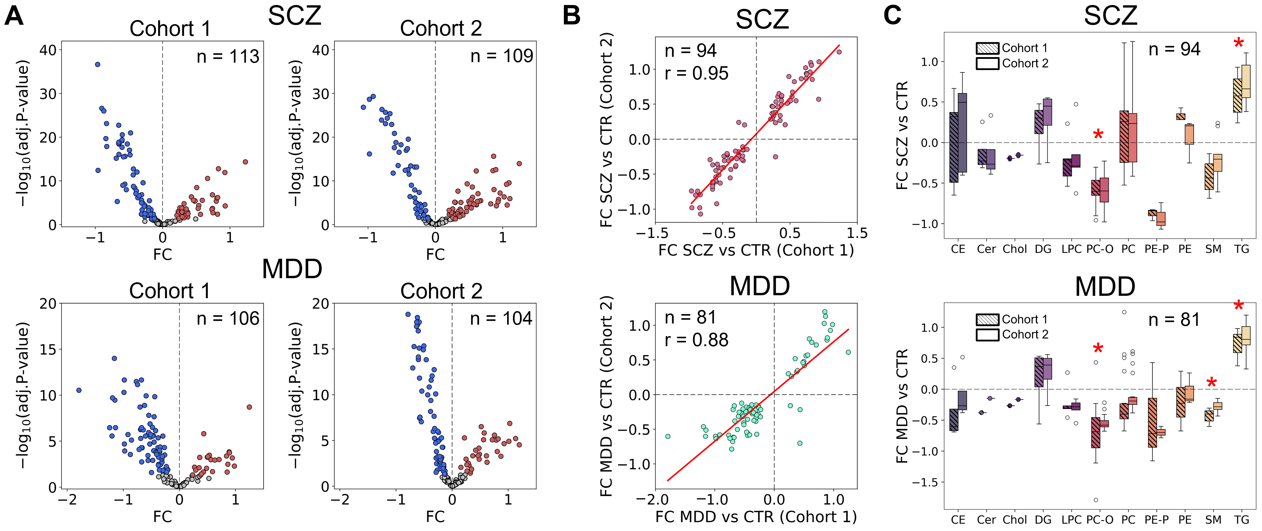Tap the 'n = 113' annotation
(228, 57)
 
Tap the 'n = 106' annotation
(228, 319)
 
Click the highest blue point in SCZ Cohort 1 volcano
(97, 64)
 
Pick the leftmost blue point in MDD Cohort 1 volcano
(79, 390)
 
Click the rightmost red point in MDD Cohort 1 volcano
(249, 407)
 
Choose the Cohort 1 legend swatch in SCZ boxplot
(987, 48)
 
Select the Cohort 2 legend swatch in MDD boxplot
(987, 335)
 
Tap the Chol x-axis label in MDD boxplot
(1015, 520)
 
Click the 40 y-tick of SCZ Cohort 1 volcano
(48, 50)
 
